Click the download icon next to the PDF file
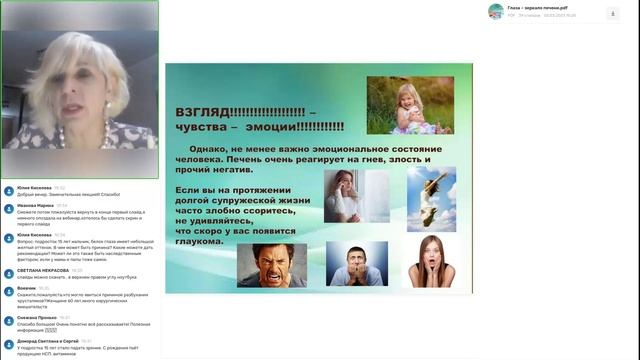[x=612, y=13]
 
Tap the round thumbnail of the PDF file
[x=495, y=12]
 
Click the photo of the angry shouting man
[x=271, y=265]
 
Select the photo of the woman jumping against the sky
[x=431, y=198]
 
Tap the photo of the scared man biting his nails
[x=357, y=265]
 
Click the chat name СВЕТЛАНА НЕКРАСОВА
[x=42, y=270]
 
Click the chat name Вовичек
[x=27, y=288]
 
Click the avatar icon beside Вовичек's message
[x=8, y=290]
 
